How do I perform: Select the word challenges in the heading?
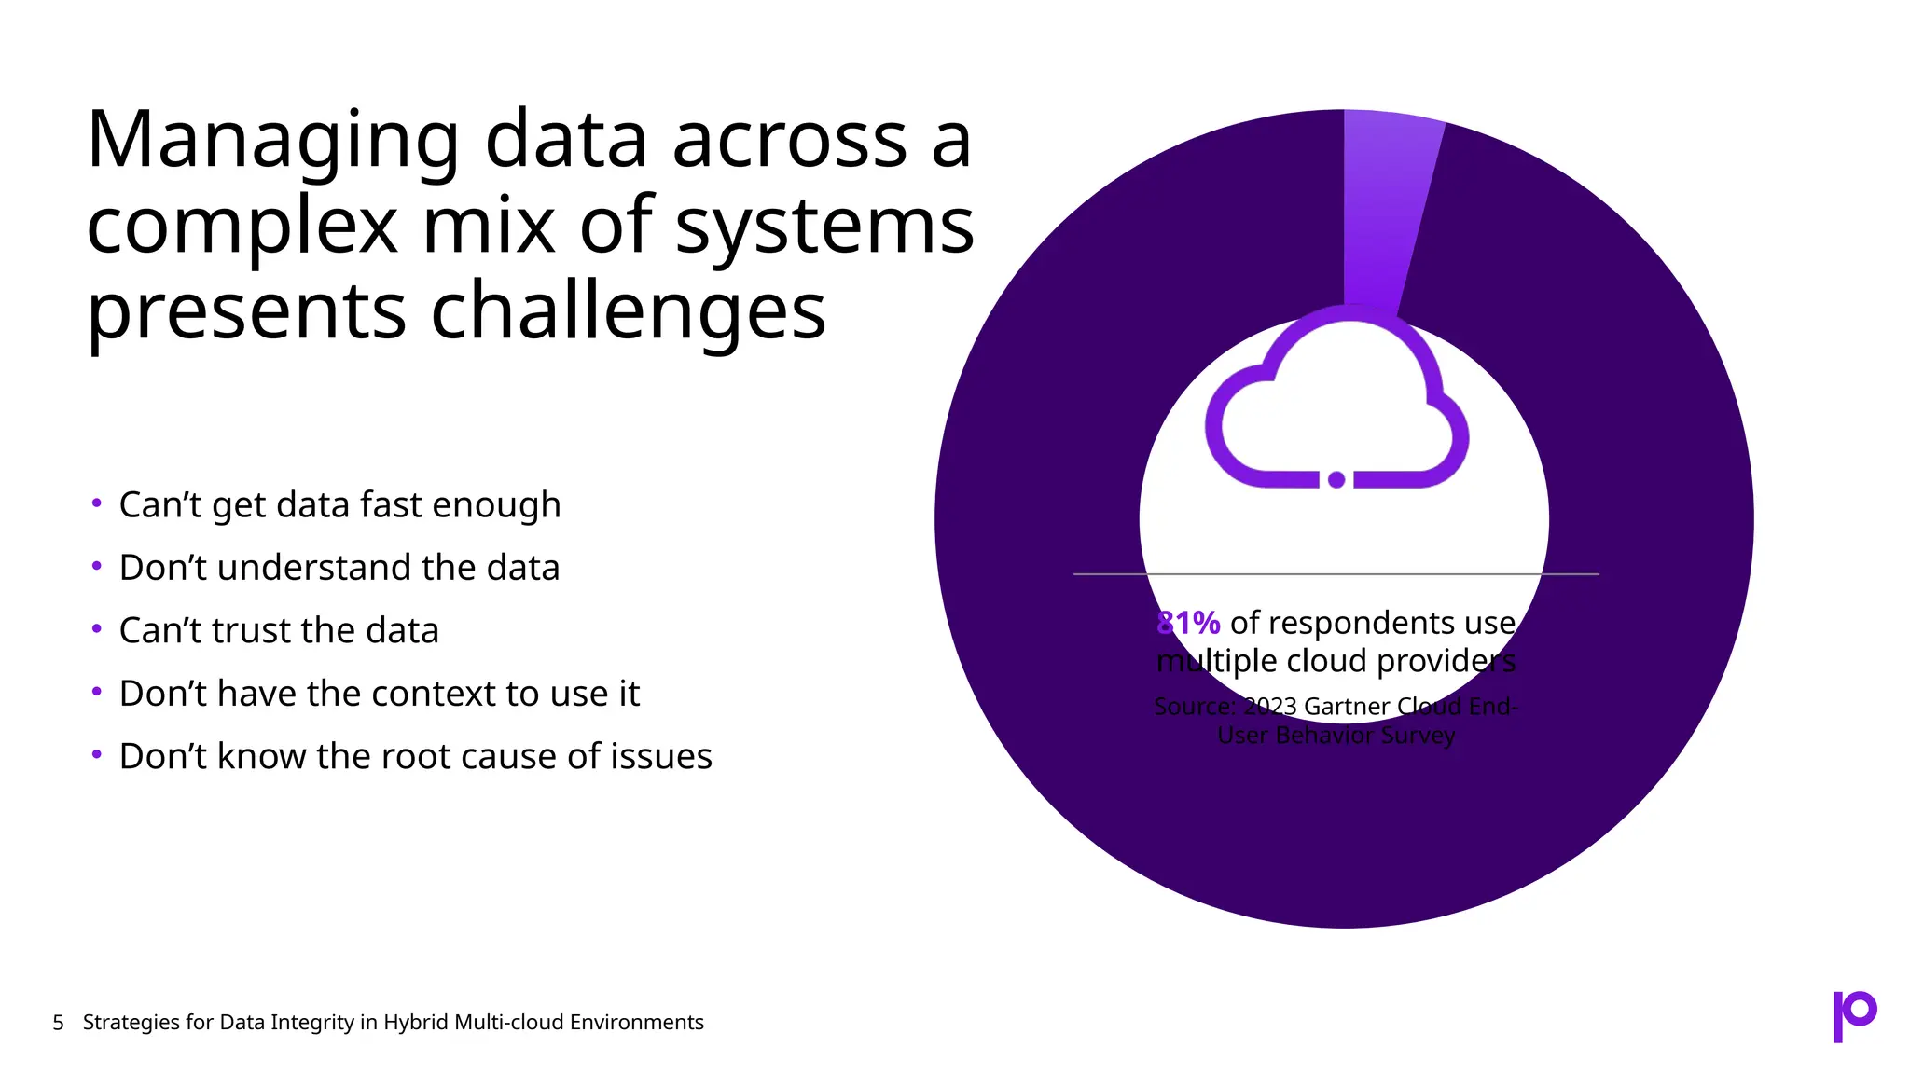tap(628, 311)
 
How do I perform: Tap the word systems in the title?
tap(824, 227)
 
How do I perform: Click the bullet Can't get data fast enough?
tap(339, 505)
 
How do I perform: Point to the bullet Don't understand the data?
tap(339, 568)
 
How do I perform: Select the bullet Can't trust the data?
tap(279, 631)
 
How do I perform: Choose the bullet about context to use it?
tap(379, 694)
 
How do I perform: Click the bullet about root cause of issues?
tap(415, 756)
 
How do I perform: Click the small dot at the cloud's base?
tap(1336, 479)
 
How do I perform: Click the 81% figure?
tap(1189, 623)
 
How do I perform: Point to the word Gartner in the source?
tap(1346, 707)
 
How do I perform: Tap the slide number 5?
tap(59, 1023)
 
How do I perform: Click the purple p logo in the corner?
tap(1854, 1015)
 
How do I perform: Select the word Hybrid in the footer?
tap(416, 1023)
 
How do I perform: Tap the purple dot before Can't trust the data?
tap(97, 629)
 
